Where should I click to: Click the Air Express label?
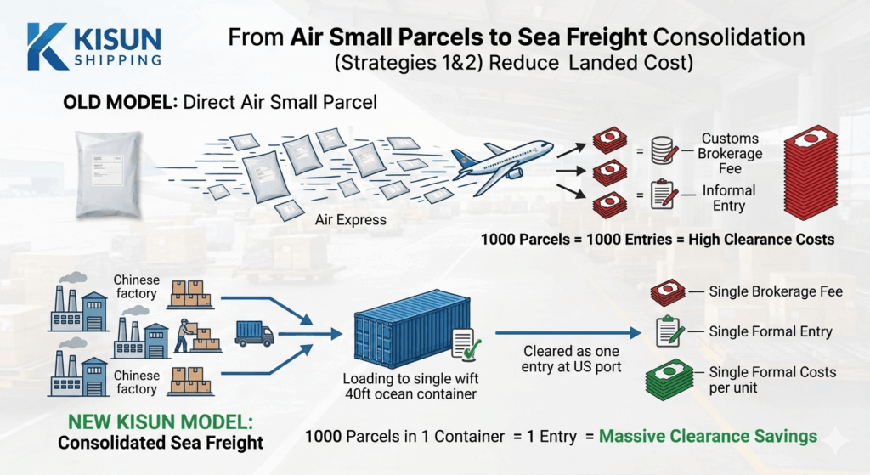(x=350, y=220)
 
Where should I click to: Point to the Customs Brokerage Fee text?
(x=730, y=153)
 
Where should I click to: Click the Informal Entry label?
(x=729, y=198)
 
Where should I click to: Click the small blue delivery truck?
(x=254, y=332)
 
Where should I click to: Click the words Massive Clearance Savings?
(x=709, y=437)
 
